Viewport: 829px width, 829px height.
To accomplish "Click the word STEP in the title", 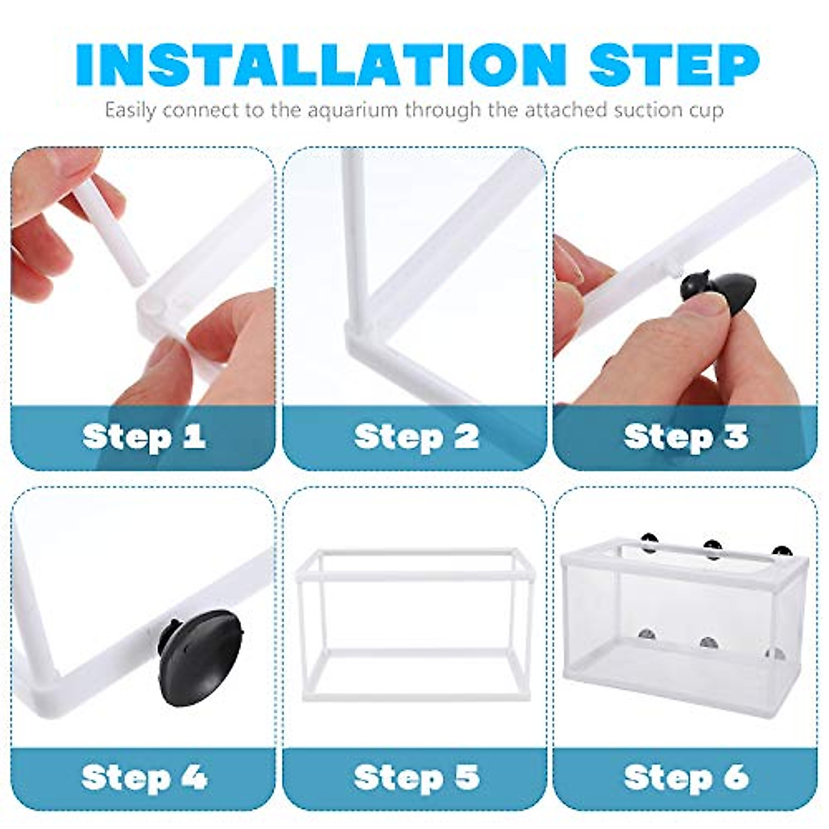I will (674, 64).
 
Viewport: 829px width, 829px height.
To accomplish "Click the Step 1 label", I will (144, 437).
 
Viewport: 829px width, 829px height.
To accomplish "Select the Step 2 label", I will (417, 437).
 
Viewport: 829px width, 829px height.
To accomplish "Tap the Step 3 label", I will (686, 437).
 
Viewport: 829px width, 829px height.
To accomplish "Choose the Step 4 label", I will (144, 778).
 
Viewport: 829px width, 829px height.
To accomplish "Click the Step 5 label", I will (417, 778).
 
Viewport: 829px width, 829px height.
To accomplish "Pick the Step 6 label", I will (686, 778).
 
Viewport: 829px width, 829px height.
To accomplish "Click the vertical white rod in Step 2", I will (352, 235).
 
